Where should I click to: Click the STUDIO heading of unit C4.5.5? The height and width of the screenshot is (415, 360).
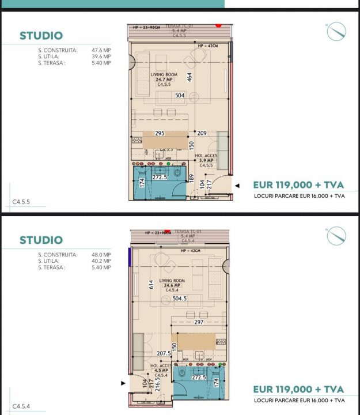pyautogui.click(x=41, y=36)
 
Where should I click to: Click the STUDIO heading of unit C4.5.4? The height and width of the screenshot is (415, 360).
pyautogui.click(x=41, y=240)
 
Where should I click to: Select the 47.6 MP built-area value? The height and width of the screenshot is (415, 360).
pyautogui.click(x=101, y=50)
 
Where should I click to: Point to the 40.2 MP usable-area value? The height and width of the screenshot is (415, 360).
pyautogui.click(x=101, y=261)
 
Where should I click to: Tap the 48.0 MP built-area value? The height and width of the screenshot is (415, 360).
pyautogui.click(x=101, y=254)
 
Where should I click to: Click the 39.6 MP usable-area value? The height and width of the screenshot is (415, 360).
pyautogui.click(x=101, y=56)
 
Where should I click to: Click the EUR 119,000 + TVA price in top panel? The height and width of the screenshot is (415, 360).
pyautogui.click(x=298, y=185)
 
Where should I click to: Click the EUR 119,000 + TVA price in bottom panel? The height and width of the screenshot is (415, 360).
pyautogui.click(x=298, y=390)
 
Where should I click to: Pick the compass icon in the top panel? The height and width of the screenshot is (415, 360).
pyautogui.click(x=336, y=31)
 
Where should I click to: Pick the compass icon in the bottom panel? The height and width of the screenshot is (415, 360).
pyautogui.click(x=336, y=236)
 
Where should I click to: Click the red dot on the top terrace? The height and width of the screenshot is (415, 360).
pyautogui.click(x=218, y=25)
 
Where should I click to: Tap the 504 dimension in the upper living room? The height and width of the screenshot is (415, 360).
pyautogui.click(x=180, y=96)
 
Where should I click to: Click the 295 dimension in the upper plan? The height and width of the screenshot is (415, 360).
pyautogui.click(x=160, y=133)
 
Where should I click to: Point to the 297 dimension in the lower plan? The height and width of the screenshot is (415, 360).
pyautogui.click(x=200, y=322)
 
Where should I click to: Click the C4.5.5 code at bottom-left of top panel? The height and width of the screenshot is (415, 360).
pyautogui.click(x=21, y=202)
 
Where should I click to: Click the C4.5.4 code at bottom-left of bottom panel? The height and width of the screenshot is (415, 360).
pyautogui.click(x=21, y=406)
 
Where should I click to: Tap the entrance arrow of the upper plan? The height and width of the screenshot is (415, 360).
pyautogui.click(x=236, y=185)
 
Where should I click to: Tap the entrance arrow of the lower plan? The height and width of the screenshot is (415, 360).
pyautogui.click(x=123, y=382)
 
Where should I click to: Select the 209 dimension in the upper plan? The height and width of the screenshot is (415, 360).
pyautogui.click(x=202, y=133)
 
